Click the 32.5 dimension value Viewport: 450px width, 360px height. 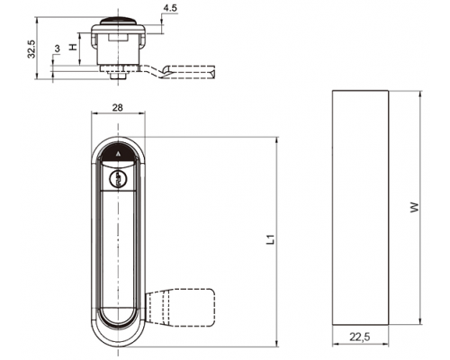[31, 49]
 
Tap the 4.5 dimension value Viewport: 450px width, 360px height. [170, 8]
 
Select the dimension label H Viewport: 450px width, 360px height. [73, 47]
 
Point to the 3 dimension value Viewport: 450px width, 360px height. [57, 48]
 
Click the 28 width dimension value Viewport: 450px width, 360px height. [117, 107]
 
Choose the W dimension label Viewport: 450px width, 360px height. [414, 208]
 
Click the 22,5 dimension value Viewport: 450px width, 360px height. [360, 337]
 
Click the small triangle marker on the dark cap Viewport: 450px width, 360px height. [118, 154]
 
